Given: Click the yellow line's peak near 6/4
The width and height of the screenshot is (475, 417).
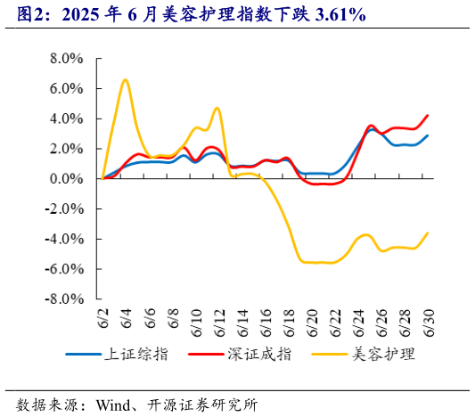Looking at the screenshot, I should pyautogui.click(x=126, y=80).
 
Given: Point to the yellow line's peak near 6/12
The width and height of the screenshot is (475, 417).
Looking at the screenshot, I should pyautogui.click(x=217, y=109).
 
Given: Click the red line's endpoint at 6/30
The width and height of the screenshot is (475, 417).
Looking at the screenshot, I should pyautogui.click(x=428, y=115).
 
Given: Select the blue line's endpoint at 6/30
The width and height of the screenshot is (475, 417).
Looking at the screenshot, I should pyautogui.click(x=428, y=136).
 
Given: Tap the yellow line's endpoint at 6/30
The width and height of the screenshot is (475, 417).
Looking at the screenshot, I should pyautogui.click(x=428, y=233).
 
